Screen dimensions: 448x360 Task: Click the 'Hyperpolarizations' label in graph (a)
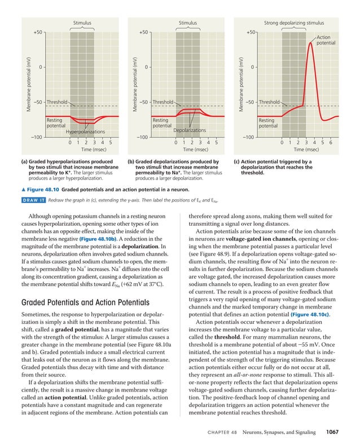85,132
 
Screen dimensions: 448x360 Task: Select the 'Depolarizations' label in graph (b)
190,131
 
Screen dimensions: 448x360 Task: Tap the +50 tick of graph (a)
38,32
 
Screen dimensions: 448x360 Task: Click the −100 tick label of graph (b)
142,138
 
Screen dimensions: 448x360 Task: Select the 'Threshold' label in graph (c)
269,102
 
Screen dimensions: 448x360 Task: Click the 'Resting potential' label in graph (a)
56,123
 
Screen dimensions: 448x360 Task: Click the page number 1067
332,432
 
